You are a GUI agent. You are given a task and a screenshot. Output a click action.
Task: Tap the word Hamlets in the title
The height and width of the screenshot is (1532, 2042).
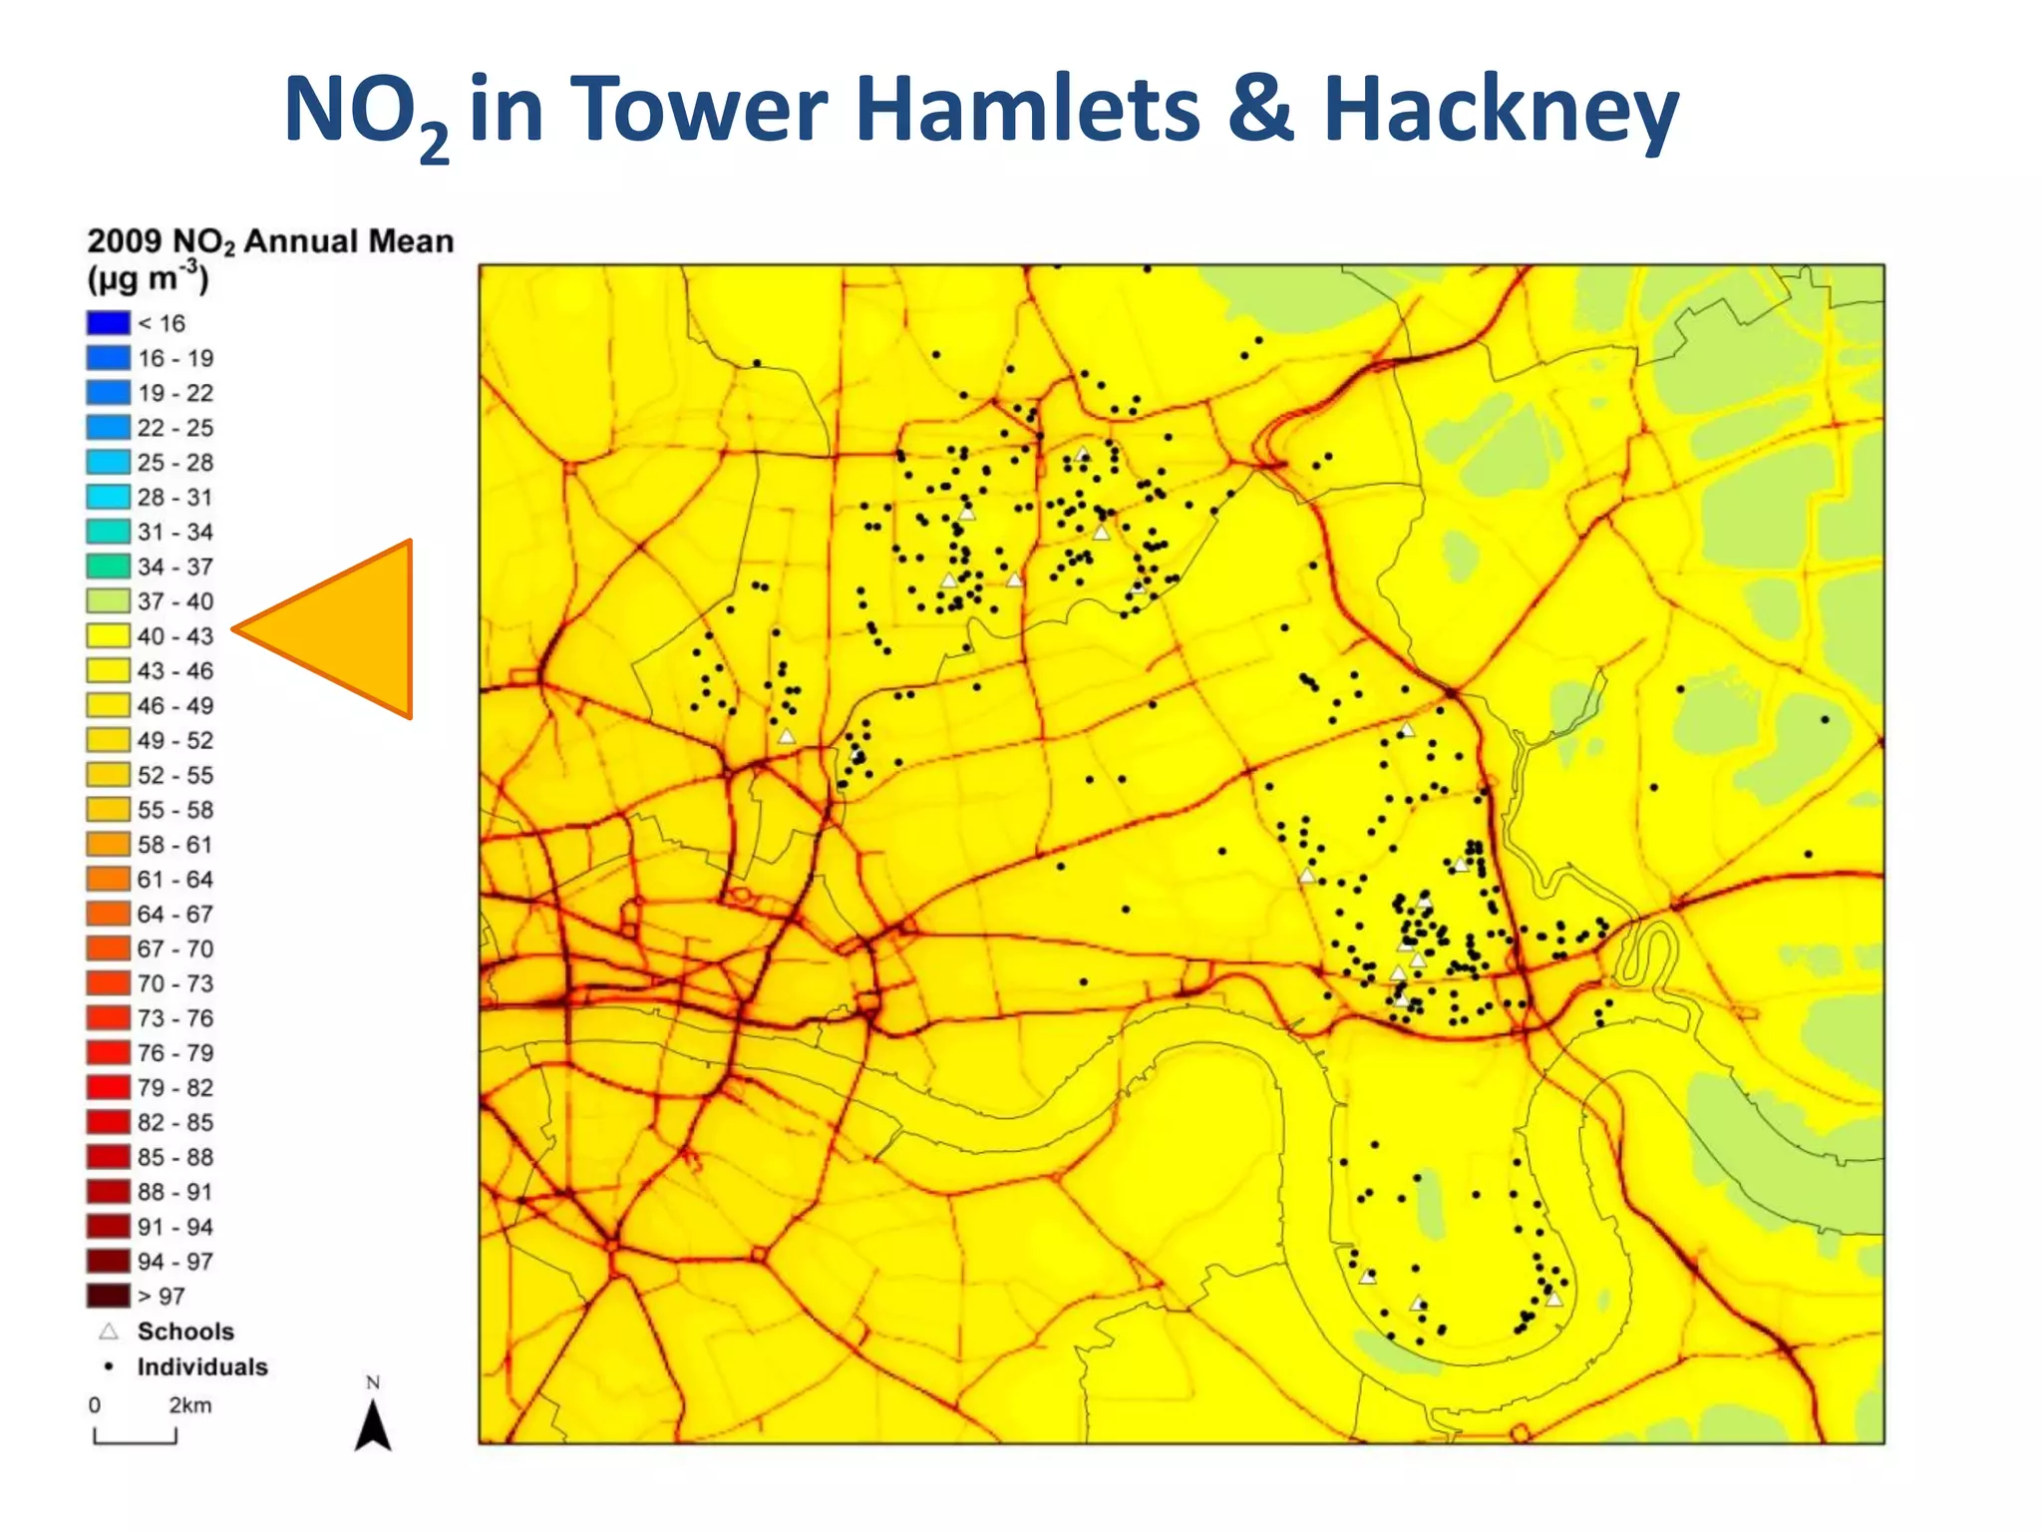1027,110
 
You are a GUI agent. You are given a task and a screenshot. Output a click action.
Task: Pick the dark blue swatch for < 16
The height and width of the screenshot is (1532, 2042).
108,323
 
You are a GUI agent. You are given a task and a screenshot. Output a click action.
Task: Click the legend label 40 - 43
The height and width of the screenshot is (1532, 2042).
175,636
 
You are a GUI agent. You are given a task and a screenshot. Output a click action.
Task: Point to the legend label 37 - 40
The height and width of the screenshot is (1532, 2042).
175,601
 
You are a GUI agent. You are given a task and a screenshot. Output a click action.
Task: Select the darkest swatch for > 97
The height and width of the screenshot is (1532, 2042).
108,1296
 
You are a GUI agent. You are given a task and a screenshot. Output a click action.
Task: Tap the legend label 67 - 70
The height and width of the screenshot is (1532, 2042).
175,949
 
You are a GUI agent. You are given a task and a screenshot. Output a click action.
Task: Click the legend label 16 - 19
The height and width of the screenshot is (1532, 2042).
175,358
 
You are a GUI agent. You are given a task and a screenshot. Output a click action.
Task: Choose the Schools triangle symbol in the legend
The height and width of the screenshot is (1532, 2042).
109,1332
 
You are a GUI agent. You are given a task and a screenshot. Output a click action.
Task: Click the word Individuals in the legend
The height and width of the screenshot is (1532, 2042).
202,1366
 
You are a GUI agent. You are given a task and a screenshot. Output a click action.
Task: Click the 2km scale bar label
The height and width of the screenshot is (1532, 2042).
189,1405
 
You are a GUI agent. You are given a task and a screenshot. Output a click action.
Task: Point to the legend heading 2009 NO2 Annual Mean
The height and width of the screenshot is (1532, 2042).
270,241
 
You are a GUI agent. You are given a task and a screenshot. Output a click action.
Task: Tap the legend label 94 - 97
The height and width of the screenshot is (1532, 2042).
175,1262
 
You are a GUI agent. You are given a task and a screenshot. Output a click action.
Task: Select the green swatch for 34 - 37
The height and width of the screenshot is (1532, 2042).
108,567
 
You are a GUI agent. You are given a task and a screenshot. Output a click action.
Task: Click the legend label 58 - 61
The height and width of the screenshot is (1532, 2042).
175,845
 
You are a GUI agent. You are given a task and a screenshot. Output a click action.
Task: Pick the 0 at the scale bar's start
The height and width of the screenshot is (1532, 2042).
95,1405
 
